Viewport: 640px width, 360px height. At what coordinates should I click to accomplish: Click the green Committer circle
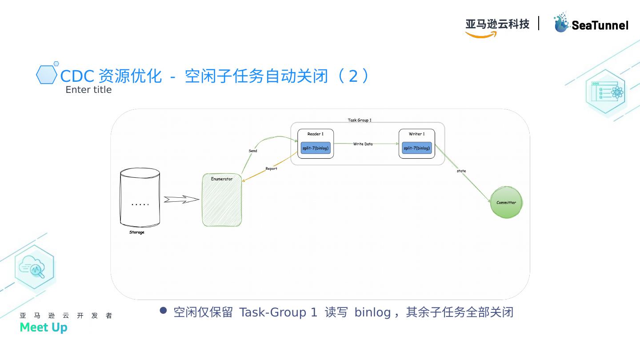pyautogui.click(x=506, y=203)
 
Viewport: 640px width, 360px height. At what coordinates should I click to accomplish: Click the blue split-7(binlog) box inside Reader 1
pyautogui.click(x=316, y=148)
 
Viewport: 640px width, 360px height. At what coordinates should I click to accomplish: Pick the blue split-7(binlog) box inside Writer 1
pyautogui.click(x=417, y=148)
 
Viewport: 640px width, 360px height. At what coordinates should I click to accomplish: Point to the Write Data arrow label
pyautogui.click(x=363, y=144)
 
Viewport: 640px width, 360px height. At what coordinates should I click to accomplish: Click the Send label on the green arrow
pyautogui.click(x=253, y=151)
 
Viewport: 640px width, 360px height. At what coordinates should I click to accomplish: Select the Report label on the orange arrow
pyautogui.click(x=271, y=169)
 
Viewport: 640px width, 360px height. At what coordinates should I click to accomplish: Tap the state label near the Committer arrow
pyautogui.click(x=461, y=171)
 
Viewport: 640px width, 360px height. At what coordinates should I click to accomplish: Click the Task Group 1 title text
pyautogui.click(x=360, y=120)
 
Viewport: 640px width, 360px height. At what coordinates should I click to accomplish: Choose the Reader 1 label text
pyautogui.click(x=316, y=134)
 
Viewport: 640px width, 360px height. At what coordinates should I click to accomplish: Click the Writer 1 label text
pyautogui.click(x=417, y=134)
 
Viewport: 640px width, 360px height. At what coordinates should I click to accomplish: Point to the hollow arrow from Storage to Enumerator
pyautogui.click(x=181, y=200)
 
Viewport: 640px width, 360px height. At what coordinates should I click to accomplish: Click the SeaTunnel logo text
pyautogui.click(x=600, y=26)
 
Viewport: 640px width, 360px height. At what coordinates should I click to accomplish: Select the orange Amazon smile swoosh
pyautogui.click(x=481, y=35)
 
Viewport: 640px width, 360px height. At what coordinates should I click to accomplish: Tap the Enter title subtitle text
pyautogui.click(x=88, y=90)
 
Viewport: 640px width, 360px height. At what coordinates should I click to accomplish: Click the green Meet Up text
pyautogui.click(x=44, y=328)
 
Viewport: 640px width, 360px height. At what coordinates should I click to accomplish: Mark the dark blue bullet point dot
pyautogui.click(x=163, y=310)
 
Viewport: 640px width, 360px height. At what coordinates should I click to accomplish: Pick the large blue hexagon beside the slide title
pyautogui.click(x=46, y=75)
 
